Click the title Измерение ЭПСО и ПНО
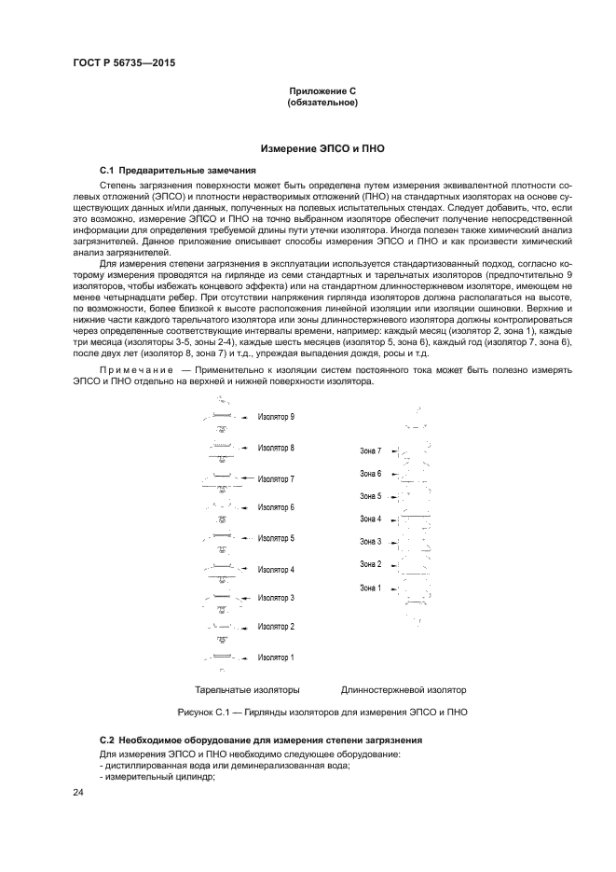click(322, 148)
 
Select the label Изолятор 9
click(276, 417)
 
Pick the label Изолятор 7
click(276, 479)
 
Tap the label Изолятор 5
click(276, 538)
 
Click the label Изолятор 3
click(276, 598)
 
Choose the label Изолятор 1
click(276, 657)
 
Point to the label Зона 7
click(371, 450)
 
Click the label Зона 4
click(371, 519)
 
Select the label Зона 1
click(371, 588)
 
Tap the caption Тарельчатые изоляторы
click(247, 690)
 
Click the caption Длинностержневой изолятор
click(403, 690)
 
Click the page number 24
click(79, 793)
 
